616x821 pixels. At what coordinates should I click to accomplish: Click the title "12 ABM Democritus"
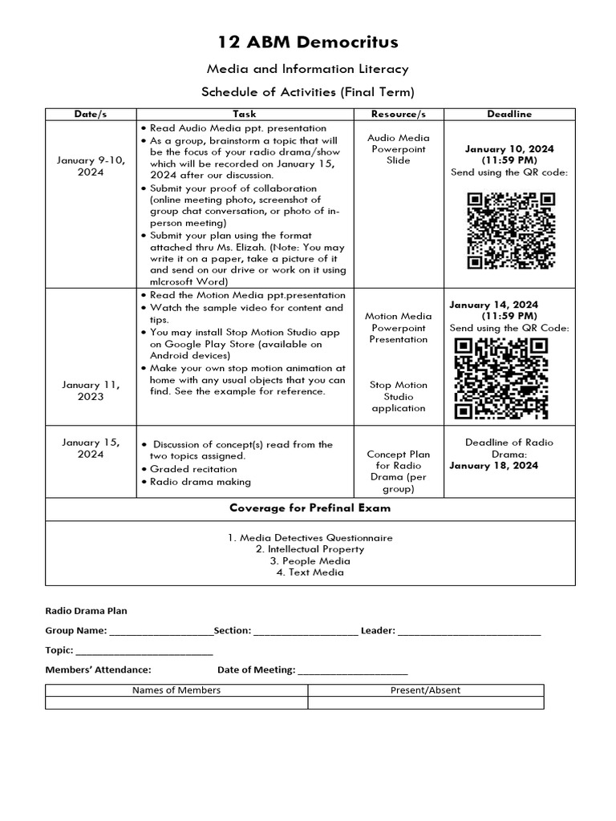(x=309, y=42)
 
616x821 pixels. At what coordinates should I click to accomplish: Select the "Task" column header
(x=245, y=114)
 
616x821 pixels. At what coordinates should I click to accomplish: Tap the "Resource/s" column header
(x=399, y=114)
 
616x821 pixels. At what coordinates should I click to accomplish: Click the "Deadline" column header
(x=509, y=114)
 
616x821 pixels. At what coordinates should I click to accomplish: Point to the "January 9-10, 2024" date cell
(x=91, y=166)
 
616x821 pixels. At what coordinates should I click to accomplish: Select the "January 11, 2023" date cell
(x=91, y=390)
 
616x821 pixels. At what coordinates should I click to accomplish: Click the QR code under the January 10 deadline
(x=512, y=229)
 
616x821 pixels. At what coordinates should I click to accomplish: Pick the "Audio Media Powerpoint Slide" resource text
(x=399, y=149)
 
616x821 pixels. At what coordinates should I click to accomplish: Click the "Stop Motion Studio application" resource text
(x=399, y=396)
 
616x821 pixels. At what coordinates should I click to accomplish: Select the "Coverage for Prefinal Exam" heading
(x=309, y=508)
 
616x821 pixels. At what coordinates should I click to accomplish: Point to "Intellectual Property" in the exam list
(x=310, y=549)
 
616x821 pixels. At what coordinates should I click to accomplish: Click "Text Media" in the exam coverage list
(x=310, y=572)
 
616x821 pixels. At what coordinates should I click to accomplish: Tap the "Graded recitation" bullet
(x=193, y=469)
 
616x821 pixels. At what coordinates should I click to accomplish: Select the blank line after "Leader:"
(x=469, y=632)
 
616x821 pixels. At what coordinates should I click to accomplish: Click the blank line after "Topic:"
(x=144, y=651)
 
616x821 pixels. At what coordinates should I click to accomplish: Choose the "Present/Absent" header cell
(x=425, y=690)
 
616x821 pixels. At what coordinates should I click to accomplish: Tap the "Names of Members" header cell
(x=176, y=690)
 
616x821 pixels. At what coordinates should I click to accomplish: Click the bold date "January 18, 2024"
(x=493, y=466)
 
